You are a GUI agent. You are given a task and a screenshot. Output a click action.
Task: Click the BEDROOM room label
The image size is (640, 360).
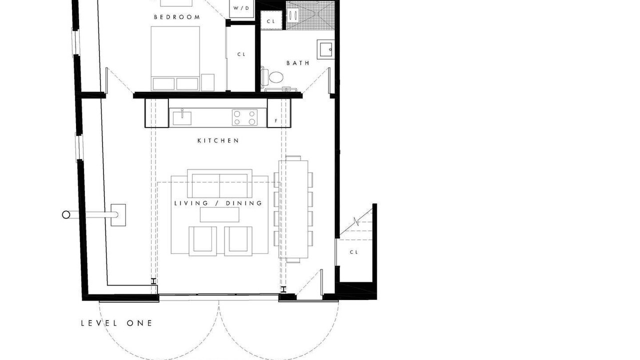tap(177, 17)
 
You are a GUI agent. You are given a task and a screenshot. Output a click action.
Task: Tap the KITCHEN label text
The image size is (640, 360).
tap(218, 140)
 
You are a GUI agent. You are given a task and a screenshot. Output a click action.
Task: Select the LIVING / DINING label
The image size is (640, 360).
tap(218, 203)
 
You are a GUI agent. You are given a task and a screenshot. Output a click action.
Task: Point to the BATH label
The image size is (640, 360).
tap(298, 63)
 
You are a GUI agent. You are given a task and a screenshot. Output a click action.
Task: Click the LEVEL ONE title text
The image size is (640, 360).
tap(116, 323)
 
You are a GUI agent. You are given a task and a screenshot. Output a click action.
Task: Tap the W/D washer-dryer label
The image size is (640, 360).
tap(241, 8)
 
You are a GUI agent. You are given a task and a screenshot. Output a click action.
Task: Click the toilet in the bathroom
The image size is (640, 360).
tap(272, 76)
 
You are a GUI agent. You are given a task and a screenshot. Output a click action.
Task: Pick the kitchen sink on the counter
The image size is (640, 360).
tap(182, 118)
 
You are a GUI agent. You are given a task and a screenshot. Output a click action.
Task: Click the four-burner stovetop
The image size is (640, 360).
tap(244, 117)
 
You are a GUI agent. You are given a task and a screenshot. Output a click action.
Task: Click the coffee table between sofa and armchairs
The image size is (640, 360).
tap(219, 214)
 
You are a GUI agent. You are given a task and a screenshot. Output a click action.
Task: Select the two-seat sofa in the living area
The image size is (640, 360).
tap(219, 183)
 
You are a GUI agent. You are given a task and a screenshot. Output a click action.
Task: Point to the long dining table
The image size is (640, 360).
tap(293, 209)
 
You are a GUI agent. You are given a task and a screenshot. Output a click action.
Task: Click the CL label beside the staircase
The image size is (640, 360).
tap(354, 252)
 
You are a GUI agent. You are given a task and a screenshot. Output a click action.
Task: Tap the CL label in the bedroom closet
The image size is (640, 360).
tap(241, 54)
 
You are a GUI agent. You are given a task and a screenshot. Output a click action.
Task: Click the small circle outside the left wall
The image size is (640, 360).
tap(66, 215)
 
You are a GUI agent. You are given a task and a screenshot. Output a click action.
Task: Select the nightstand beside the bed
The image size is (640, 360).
tap(207, 82)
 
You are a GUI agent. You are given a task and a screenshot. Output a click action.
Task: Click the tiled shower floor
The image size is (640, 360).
tap(310, 16)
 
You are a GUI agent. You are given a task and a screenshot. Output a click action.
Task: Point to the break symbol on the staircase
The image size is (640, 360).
tap(355, 221)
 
